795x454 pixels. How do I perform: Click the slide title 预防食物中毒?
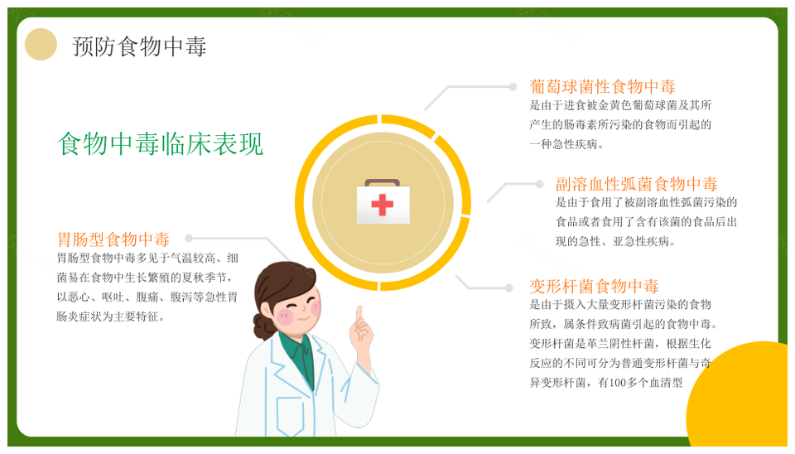coord(139,46)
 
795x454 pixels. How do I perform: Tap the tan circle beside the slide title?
coord(41,44)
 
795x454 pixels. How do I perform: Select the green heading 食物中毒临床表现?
coord(160,143)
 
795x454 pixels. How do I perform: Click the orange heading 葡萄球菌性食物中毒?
coord(602,87)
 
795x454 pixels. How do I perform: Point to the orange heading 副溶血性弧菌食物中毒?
coord(636,184)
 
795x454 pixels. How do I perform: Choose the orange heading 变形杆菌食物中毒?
coord(594,286)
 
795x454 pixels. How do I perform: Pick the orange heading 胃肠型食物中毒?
coord(113,239)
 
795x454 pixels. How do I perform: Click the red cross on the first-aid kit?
coord(383,205)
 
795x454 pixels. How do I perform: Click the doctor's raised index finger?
coord(359,314)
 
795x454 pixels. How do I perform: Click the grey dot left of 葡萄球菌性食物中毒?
coord(513,87)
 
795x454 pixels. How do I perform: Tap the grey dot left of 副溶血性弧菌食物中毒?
coord(539,184)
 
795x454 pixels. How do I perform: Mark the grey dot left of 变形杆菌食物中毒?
coord(508,288)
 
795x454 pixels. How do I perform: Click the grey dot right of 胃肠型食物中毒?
coord(189,239)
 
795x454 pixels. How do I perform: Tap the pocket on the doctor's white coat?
coord(290,417)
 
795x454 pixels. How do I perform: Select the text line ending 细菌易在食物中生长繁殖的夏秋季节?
coord(144,278)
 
